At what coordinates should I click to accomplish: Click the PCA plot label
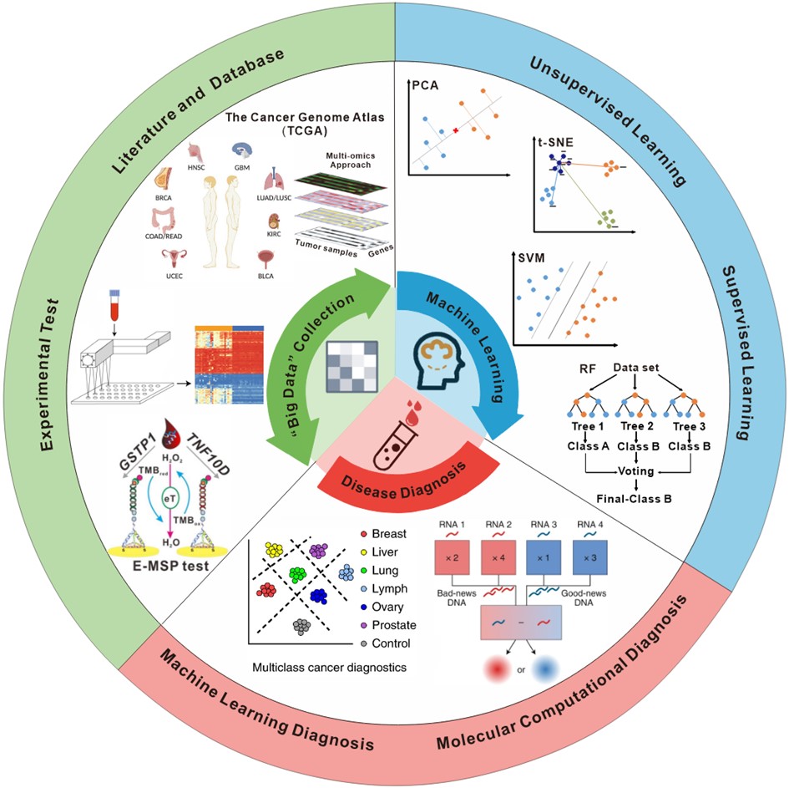coord(425,85)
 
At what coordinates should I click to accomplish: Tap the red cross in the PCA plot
coord(456,131)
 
